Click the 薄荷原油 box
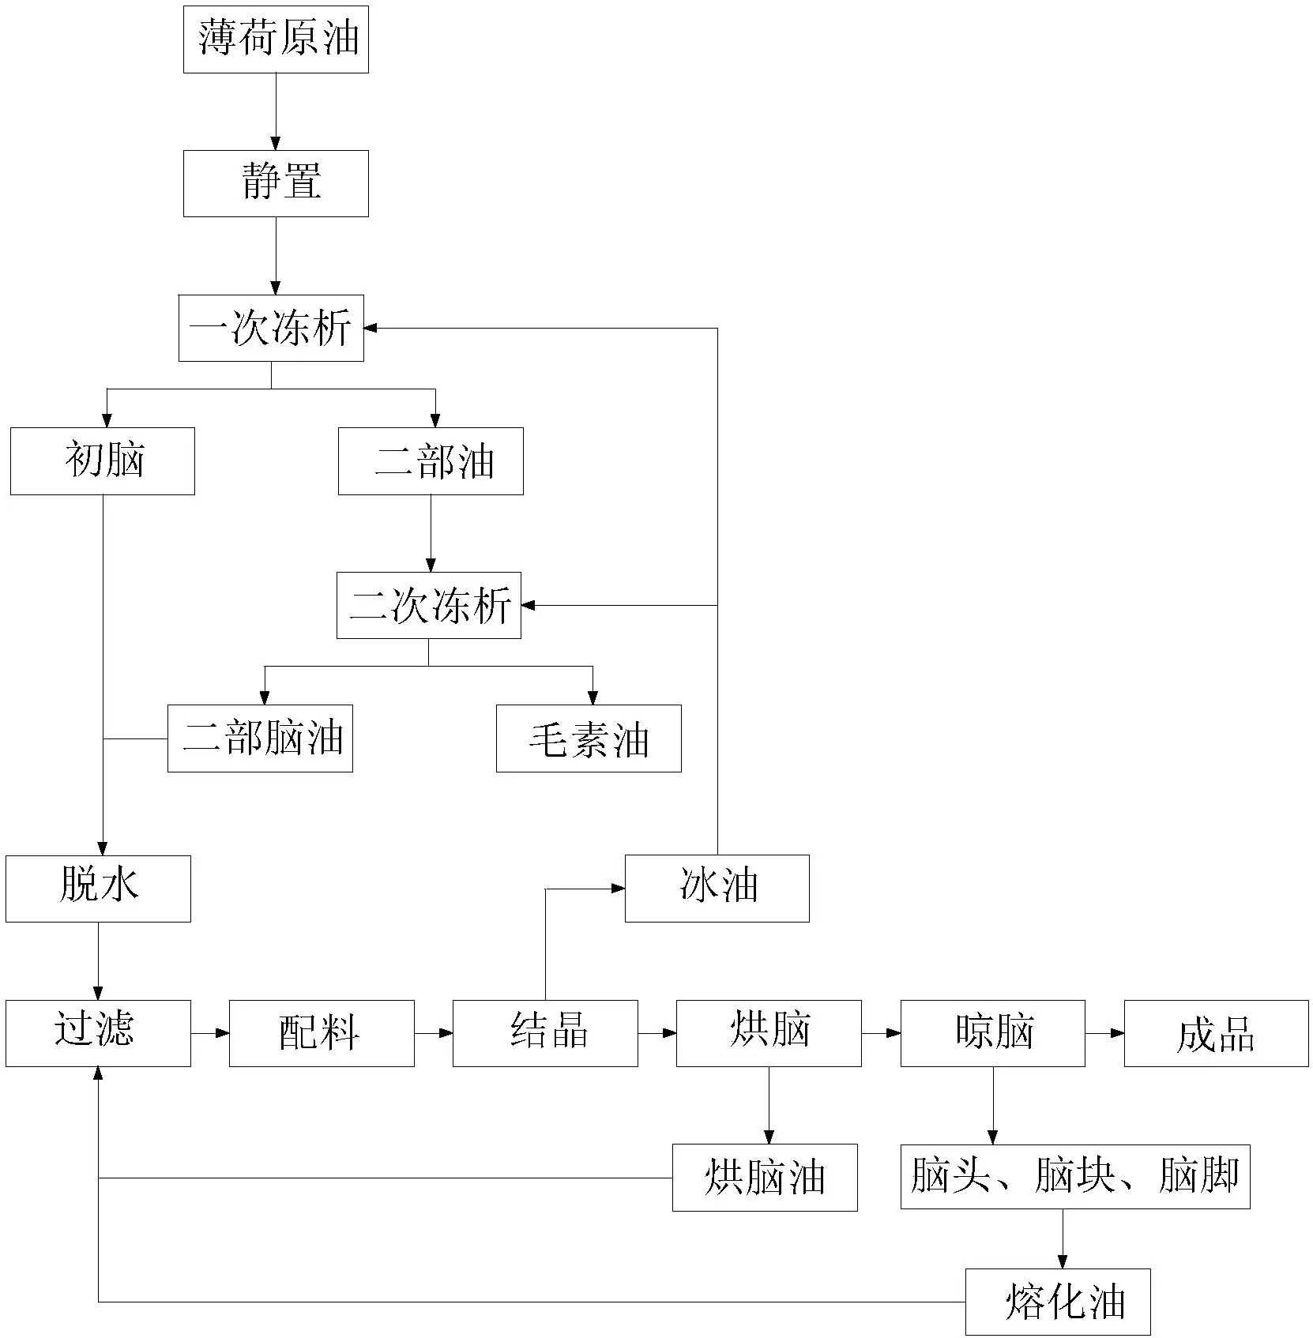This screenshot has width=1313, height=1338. coord(276,39)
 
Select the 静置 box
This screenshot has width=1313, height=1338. coord(276,183)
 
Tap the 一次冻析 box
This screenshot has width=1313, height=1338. coord(271,328)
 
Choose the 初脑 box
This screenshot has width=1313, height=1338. coord(103,461)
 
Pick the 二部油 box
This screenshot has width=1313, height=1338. coord(431,461)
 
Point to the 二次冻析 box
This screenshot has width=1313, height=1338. coord(429,605)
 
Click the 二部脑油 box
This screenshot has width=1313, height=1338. coord(260,739)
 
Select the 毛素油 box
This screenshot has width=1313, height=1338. coord(589,739)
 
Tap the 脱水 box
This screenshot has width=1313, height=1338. coord(98,889)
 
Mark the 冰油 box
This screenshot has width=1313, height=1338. coord(717,889)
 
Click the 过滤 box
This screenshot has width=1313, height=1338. coord(98,1033)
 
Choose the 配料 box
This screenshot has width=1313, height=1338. coord(322,1033)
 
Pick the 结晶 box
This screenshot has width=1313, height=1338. coord(545,1033)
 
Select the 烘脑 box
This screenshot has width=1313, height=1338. coord(769,1033)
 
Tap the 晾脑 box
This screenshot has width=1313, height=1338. coord(993,1033)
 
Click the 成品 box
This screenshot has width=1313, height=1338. coord(1217,1033)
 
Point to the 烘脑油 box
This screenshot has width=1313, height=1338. coord(765,1178)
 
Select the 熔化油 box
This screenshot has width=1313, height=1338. coord(1058,1302)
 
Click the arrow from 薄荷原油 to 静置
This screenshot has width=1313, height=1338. coord(276,111)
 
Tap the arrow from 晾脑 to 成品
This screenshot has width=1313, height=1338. coord(1104,1033)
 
